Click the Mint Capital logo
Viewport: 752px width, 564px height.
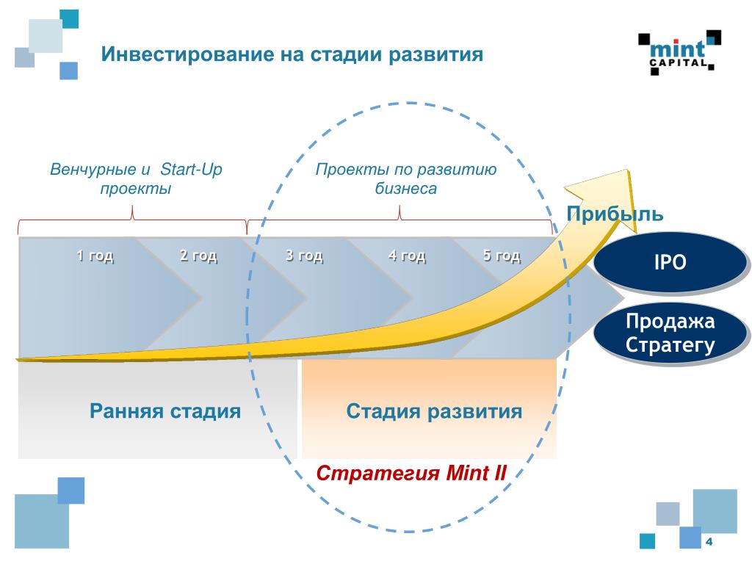pyautogui.click(x=679, y=52)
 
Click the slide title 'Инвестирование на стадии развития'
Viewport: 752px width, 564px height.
pyautogui.click(x=292, y=55)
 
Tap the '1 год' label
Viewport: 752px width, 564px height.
pyautogui.click(x=95, y=256)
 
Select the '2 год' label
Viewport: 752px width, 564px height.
pyautogui.click(x=198, y=256)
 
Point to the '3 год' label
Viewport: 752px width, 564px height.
pyautogui.click(x=304, y=256)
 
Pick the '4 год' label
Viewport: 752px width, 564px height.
pyautogui.click(x=407, y=256)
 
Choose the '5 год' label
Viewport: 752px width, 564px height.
pyautogui.click(x=502, y=256)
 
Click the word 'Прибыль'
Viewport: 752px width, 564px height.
pyautogui.click(x=615, y=214)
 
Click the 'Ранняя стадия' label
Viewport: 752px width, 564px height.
pyautogui.click(x=165, y=411)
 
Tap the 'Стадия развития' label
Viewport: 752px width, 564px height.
pyautogui.click(x=434, y=411)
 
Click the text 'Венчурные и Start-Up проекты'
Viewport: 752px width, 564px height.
pyautogui.click(x=136, y=179)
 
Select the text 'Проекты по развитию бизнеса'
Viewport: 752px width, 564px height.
pyautogui.click(x=406, y=179)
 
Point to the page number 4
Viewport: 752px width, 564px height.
pyautogui.click(x=709, y=542)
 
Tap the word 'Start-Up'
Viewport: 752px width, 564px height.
pyautogui.click(x=192, y=170)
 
